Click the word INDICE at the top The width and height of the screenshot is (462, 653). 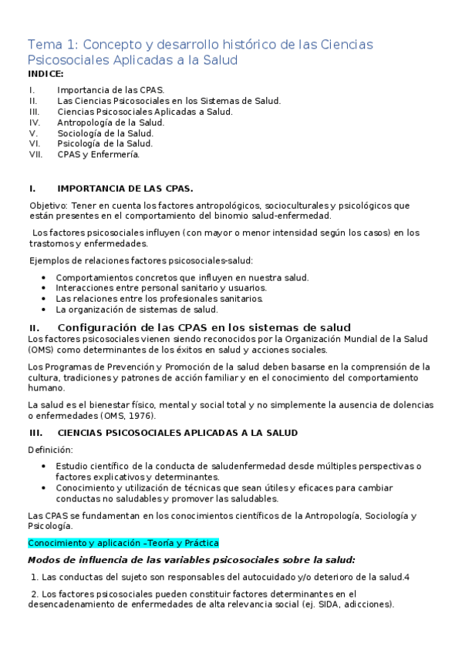[x=46, y=74]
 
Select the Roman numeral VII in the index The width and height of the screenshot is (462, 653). [x=35, y=154]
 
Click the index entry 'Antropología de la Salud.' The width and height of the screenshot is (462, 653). [x=110, y=122]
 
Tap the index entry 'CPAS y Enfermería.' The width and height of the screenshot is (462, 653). [x=98, y=154]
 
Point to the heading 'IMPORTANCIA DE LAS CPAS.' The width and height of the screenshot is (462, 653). [x=125, y=188]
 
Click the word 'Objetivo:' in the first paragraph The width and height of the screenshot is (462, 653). [x=48, y=206]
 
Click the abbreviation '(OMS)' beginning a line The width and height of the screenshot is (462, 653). [x=40, y=349]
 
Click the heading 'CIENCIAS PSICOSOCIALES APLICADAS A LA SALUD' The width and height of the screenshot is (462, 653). [x=177, y=433]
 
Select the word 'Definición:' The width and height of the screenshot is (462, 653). [x=50, y=450]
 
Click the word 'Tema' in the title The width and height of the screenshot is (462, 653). [x=46, y=44]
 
